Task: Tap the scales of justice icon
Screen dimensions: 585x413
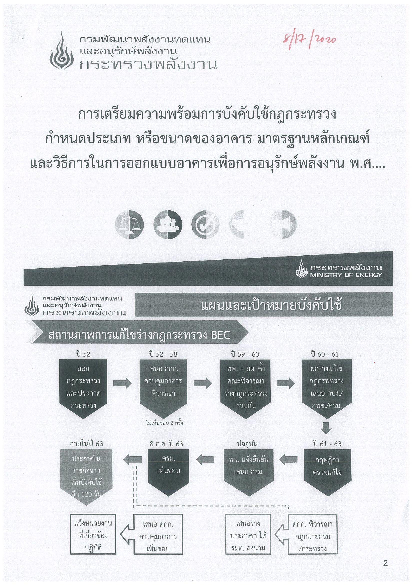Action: pyautogui.click(x=129, y=224)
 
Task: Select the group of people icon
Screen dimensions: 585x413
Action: pyautogui.click(x=168, y=224)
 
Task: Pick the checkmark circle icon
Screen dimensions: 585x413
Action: pyautogui.click(x=205, y=224)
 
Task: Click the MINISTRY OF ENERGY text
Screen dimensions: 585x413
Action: pyautogui.click(x=346, y=275)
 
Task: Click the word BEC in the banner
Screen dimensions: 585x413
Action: pyautogui.click(x=221, y=335)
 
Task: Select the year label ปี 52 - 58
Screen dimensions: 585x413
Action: pyautogui.click(x=163, y=354)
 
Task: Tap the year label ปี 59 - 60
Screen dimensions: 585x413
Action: pyautogui.click(x=245, y=354)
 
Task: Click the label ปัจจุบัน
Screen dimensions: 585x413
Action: pyautogui.click(x=247, y=444)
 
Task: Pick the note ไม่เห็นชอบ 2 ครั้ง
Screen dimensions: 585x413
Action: pyautogui.click(x=164, y=423)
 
